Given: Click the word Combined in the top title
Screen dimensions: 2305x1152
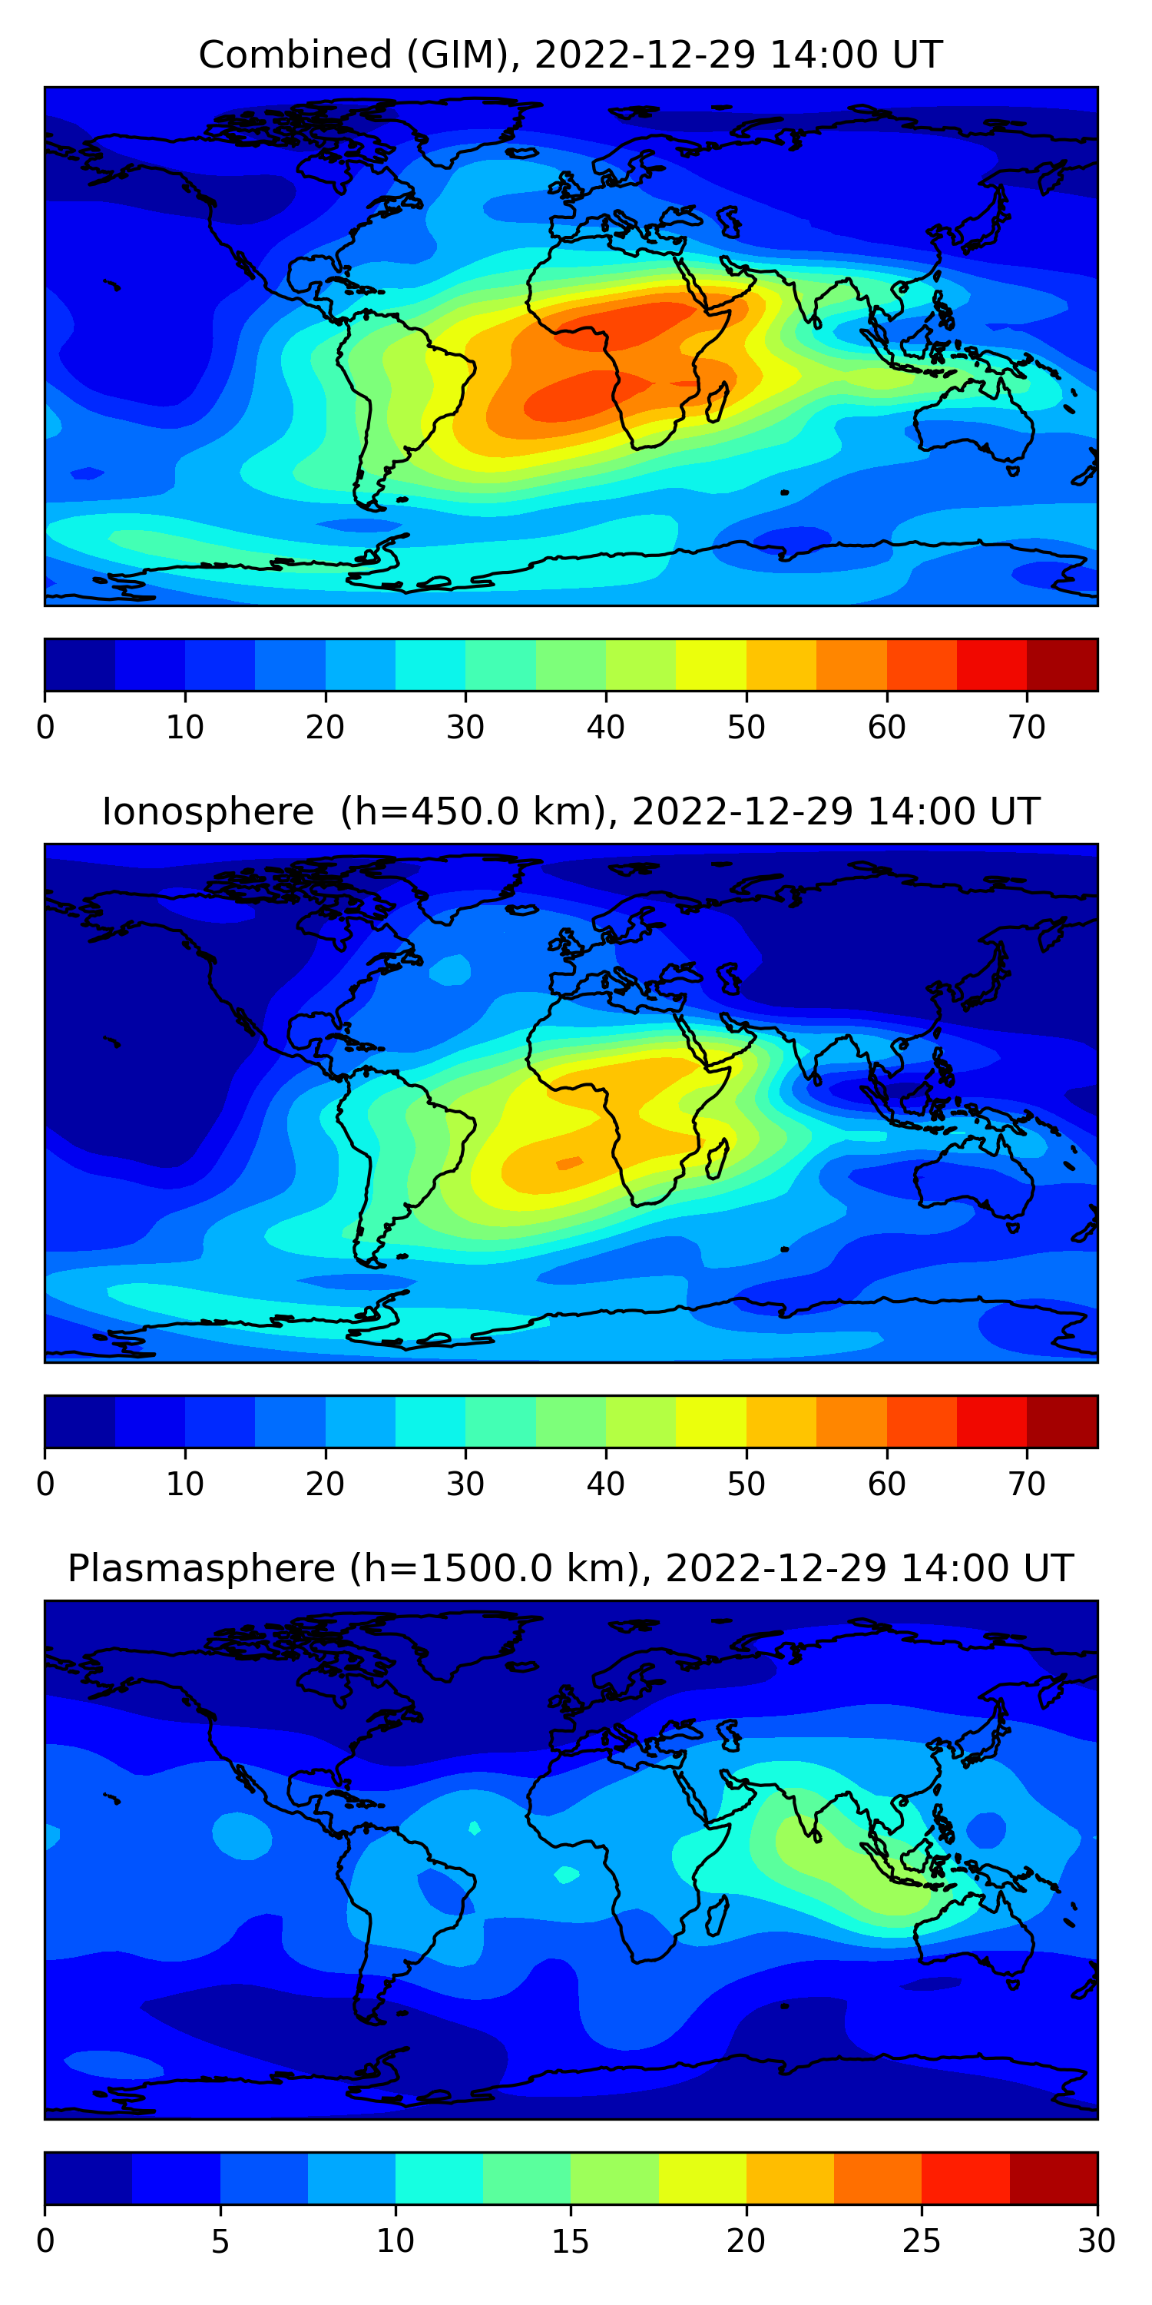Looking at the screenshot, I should pos(295,55).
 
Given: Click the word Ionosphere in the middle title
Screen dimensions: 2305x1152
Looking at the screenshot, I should pos(207,811).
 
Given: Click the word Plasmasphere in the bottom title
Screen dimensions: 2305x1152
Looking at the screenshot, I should pos(200,1569).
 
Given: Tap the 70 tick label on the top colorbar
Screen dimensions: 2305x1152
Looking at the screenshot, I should pos(1027,728).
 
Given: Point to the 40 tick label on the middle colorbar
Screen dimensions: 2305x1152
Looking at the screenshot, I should pos(605,1484).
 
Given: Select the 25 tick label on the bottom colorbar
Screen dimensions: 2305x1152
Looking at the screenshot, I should pos(922,2241).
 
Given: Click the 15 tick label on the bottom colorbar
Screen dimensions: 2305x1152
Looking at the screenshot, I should pos(570,2241).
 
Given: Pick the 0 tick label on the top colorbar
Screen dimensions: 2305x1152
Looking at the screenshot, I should pos(45,728).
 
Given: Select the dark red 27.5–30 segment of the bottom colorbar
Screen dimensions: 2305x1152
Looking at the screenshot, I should pos(1053,2179).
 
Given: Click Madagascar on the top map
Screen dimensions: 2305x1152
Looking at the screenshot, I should pos(717,402).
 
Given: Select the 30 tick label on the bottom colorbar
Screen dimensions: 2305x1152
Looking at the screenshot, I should pos(1097,2241).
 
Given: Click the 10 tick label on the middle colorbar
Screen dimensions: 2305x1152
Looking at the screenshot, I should pos(185,1484).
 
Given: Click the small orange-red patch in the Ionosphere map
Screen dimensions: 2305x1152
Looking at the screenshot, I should pos(570,1162).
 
